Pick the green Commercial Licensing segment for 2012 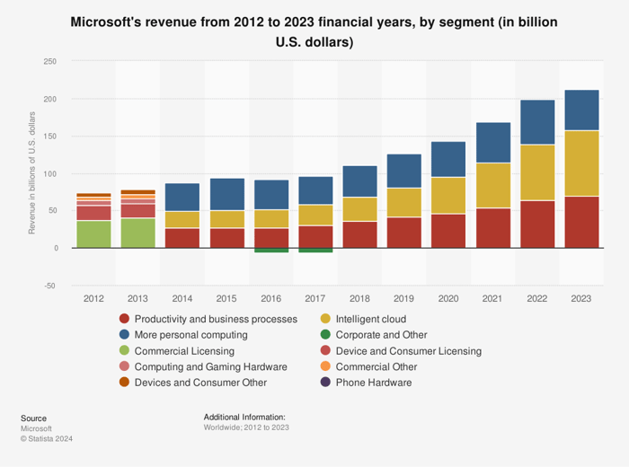(x=93, y=233)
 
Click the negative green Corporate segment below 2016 (x=271, y=251)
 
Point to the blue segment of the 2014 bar (x=182, y=197)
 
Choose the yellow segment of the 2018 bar (x=359, y=208)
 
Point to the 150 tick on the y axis (x=49, y=137)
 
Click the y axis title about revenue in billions (x=32, y=173)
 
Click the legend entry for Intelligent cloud (x=370, y=319)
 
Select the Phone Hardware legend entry (x=373, y=382)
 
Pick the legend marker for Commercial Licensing (x=124, y=350)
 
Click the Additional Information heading (x=244, y=418)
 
